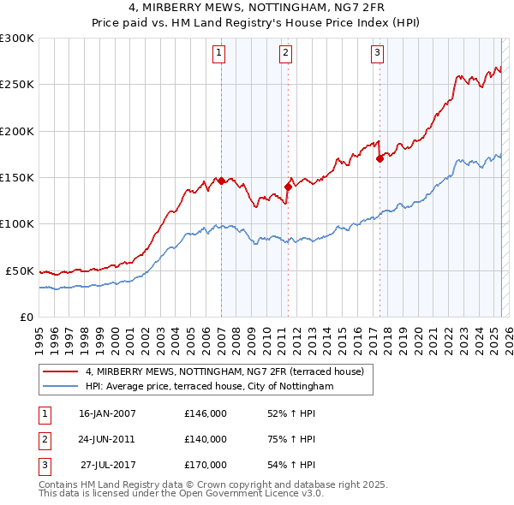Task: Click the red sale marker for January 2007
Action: pyautogui.click(x=221, y=181)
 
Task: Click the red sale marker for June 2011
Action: pyautogui.click(x=288, y=187)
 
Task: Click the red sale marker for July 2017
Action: pyautogui.click(x=380, y=158)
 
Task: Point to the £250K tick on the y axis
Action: pyautogui.click(x=16, y=85)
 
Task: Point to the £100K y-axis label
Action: pyautogui.click(x=16, y=223)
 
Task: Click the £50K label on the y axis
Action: pyautogui.click(x=20, y=270)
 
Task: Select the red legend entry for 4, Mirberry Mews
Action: pyautogui.click(x=224, y=371)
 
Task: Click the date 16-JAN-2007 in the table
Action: pyautogui.click(x=107, y=413)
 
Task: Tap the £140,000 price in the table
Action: pyautogui.click(x=206, y=439)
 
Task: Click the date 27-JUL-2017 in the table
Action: pyautogui.click(x=109, y=465)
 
